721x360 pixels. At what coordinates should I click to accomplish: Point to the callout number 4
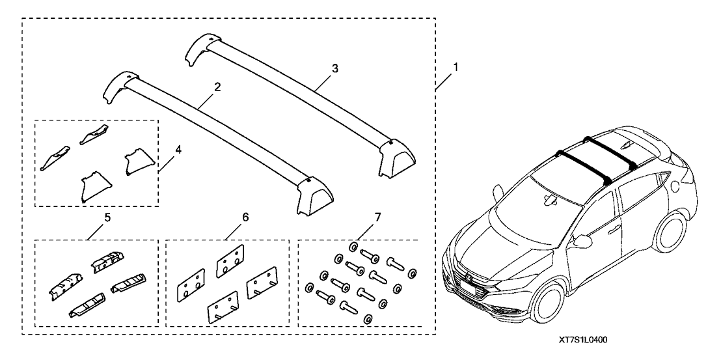click(178, 148)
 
